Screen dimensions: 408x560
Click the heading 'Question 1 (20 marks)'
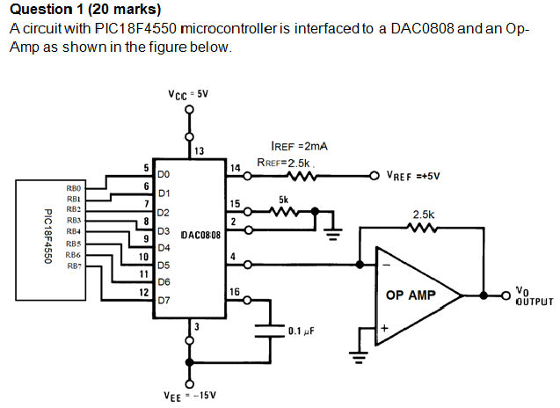tap(85, 10)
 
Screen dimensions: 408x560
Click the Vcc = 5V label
tap(187, 93)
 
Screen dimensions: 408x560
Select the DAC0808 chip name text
tap(200, 236)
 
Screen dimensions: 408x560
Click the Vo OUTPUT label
tap(534, 295)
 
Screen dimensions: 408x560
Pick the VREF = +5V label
tap(412, 176)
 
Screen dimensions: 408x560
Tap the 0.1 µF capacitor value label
tap(302, 331)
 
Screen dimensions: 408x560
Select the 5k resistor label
tap(283, 200)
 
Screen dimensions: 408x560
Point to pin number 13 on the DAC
tap(200, 151)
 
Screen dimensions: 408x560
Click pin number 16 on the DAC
tap(234, 292)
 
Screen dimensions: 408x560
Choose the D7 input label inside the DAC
tap(163, 300)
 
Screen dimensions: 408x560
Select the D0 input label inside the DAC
tap(163, 176)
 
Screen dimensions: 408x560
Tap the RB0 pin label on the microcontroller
tap(73, 188)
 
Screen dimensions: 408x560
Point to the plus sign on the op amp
tap(384, 328)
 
